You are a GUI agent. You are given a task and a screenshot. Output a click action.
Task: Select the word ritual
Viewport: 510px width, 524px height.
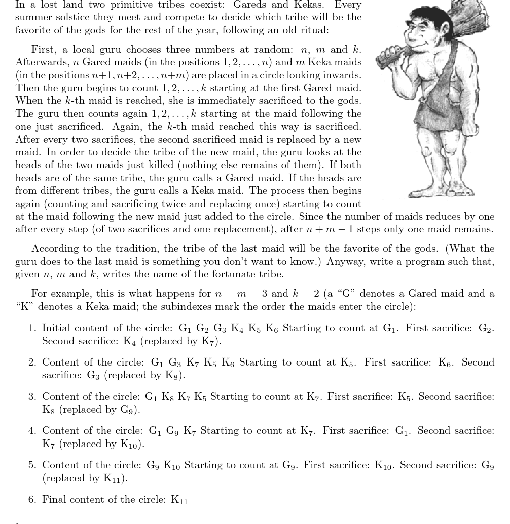[x=314, y=30]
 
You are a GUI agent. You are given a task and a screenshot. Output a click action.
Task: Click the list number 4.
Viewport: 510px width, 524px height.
[x=32, y=431]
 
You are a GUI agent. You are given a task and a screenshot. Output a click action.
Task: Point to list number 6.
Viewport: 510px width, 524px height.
[x=32, y=500]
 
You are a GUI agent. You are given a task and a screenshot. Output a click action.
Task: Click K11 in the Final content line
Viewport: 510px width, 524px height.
[x=179, y=500]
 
